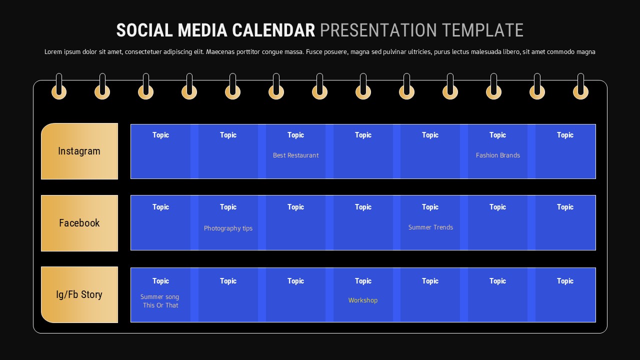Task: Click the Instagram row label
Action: (79, 151)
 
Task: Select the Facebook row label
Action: (79, 223)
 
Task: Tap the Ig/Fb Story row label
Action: (79, 294)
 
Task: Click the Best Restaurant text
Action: (295, 155)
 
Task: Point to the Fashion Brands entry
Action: (497, 155)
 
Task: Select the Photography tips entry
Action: (228, 228)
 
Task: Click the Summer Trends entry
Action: (430, 227)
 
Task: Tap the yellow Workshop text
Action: (363, 300)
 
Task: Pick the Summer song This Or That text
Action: (160, 301)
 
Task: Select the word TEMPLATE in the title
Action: (482, 30)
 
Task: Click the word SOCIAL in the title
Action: (144, 30)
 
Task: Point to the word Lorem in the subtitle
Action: (53, 52)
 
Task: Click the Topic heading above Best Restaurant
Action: (295, 135)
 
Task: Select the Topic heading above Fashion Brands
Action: (497, 135)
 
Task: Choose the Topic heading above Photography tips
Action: (228, 207)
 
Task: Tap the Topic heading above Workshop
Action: (363, 281)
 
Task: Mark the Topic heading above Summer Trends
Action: (430, 207)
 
